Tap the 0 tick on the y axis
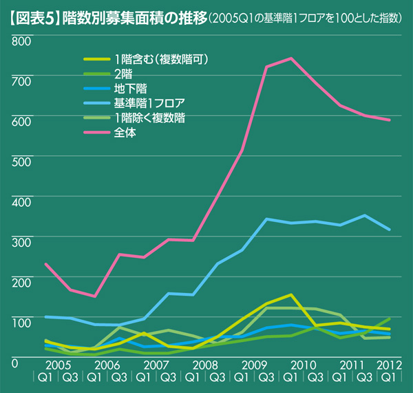tap(14, 361)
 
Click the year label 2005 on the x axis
tap(58, 363)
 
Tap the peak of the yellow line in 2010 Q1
tap(291, 294)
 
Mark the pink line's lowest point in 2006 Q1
tap(95, 296)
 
